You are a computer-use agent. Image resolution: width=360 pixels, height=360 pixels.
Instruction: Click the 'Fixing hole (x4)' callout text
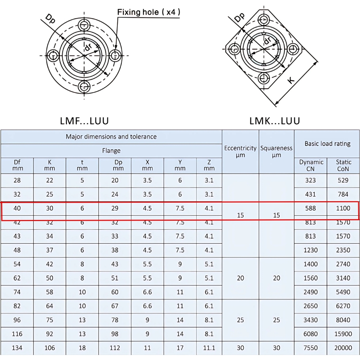click(x=149, y=12)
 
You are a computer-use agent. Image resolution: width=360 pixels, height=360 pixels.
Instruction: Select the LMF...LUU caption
click(x=84, y=121)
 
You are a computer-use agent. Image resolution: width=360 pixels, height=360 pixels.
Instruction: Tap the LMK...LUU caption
click(x=274, y=121)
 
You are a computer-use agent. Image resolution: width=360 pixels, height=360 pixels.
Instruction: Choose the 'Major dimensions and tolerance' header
click(x=111, y=137)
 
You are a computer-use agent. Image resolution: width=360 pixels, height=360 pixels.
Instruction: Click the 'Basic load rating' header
click(x=327, y=144)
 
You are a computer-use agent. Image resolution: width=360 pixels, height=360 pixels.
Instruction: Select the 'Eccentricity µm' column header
click(x=240, y=152)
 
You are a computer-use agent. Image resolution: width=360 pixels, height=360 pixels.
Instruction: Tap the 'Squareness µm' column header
click(x=276, y=152)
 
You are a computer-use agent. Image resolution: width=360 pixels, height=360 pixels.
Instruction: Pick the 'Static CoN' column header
click(x=343, y=166)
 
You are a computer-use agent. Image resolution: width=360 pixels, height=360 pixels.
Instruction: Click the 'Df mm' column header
click(x=17, y=166)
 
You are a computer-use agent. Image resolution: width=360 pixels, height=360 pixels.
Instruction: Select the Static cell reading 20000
click(x=343, y=348)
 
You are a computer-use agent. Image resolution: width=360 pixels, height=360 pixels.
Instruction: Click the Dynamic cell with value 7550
click(x=310, y=348)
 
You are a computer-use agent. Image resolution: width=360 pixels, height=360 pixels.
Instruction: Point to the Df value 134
click(x=17, y=348)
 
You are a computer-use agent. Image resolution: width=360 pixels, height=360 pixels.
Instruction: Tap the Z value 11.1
click(x=209, y=348)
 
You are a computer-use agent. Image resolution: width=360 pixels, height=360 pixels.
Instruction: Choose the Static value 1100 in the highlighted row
click(x=343, y=208)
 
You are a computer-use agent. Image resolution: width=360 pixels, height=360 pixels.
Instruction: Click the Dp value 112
click(x=115, y=348)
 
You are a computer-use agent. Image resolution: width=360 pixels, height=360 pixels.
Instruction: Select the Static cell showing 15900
click(x=343, y=334)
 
